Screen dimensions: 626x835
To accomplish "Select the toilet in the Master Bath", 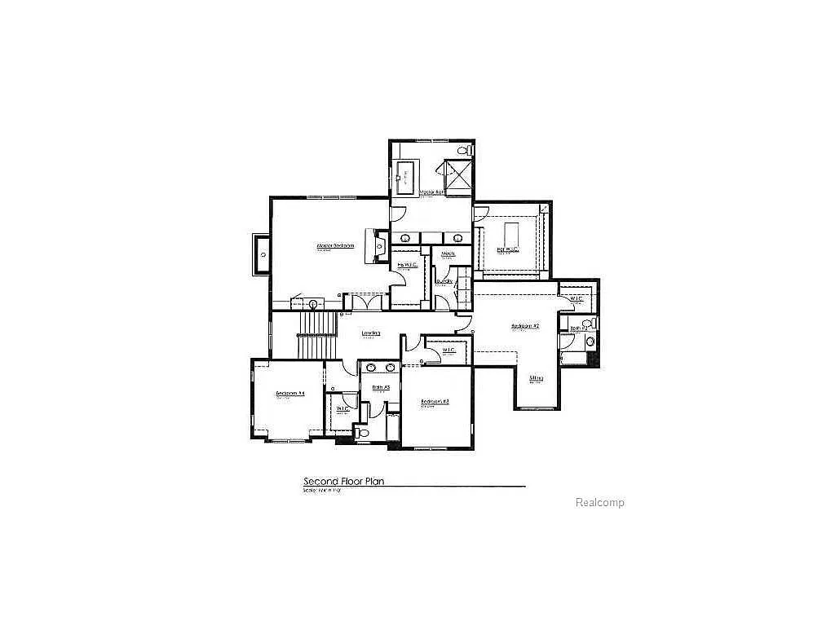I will (464, 151).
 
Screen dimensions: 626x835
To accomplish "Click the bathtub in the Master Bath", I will (405, 176).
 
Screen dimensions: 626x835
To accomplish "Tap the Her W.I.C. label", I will (507, 249).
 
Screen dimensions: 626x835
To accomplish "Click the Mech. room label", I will (448, 254).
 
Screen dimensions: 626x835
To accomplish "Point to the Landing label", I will (371, 333).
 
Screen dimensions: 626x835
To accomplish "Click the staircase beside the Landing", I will (318, 336).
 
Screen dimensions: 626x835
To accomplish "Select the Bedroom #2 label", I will (525, 326).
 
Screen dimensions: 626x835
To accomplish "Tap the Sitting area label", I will (536, 378).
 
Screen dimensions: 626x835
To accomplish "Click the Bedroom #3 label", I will (435, 402).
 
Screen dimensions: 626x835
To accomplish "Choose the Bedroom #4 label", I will (289, 394).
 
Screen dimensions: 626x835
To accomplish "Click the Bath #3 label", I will (381, 387).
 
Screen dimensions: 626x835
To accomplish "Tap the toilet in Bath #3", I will (364, 433).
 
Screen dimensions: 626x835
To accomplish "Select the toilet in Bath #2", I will (588, 346).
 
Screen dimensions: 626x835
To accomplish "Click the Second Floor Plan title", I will (343, 482).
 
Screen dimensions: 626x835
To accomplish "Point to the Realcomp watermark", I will (599, 503).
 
